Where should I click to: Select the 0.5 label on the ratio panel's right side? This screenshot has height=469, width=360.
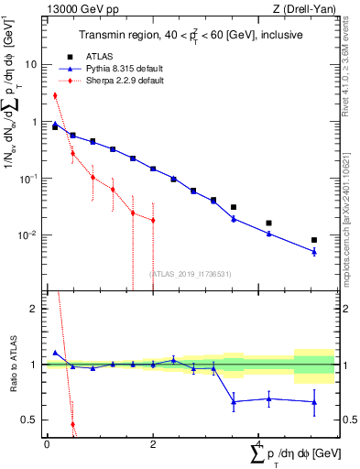(x=349, y=420)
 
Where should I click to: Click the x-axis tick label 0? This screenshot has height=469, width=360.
(x=46, y=444)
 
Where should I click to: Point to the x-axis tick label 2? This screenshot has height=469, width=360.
(x=152, y=444)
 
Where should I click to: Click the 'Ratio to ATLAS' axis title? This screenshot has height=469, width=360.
(x=12, y=365)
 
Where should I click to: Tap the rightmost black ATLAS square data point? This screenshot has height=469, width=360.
(x=314, y=240)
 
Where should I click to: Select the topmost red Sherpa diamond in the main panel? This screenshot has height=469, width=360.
(x=55, y=95)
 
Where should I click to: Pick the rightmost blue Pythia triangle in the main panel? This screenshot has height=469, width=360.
(x=314, y=251)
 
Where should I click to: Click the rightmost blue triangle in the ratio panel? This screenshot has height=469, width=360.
(x=314, y=402)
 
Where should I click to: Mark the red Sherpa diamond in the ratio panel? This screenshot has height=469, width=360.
(x=73, y=425)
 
